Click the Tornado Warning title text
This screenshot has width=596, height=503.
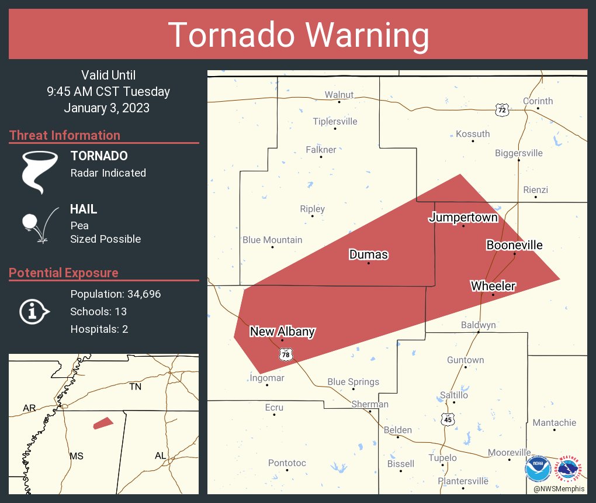click(298, 35)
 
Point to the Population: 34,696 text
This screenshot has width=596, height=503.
click(115, 294)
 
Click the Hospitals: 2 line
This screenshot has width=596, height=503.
click(99, 329)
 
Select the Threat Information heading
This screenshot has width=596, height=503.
click(64, 135)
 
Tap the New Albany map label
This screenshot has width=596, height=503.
click(282, 332)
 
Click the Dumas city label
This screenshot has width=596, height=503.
click(368, 254)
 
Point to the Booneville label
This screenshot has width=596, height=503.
click(514, 245)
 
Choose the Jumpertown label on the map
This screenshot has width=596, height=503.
click(463, 218)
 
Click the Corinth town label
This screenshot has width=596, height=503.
click(538, 101)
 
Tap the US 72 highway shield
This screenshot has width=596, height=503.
click(501, 109)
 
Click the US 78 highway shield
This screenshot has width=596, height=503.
click(285, 354)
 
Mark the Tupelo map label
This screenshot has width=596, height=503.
click(442, 458)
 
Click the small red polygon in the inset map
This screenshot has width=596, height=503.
click(103, 423)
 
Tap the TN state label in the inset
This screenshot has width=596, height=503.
click(136, 387)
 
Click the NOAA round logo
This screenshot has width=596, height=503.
click(538, 468)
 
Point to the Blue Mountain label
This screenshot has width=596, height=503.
click(272, 240)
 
